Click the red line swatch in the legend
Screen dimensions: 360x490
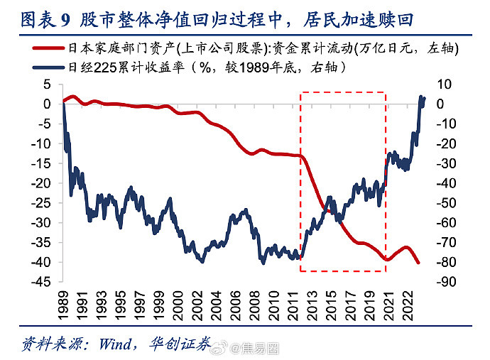coord(52,49)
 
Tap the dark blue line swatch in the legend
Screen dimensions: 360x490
coord(52,67)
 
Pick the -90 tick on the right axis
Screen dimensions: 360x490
coord(445,282)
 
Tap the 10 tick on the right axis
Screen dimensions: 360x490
coord(442,84)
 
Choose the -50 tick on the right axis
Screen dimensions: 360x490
coord(445,202)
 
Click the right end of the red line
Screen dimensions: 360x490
coord(418,263)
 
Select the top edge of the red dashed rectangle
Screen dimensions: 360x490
coord(342,92)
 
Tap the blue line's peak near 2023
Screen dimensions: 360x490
coord(421,97)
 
